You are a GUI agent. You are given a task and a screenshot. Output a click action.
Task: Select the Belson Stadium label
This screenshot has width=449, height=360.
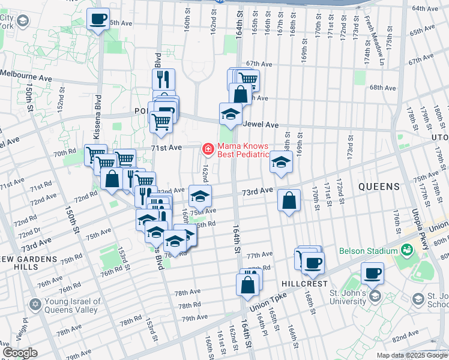point(368,250)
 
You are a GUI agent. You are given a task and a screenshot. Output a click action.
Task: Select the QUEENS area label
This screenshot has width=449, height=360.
point(379,187)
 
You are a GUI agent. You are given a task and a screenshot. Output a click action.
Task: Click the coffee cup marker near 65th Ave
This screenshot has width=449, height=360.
point(98,18)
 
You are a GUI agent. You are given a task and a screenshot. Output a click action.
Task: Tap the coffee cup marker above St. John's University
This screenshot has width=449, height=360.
point(372,272)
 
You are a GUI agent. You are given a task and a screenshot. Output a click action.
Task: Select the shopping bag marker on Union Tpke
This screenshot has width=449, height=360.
point(247,286)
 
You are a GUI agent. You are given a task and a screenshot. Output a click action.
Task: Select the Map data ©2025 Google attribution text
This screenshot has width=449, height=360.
point(411,355)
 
